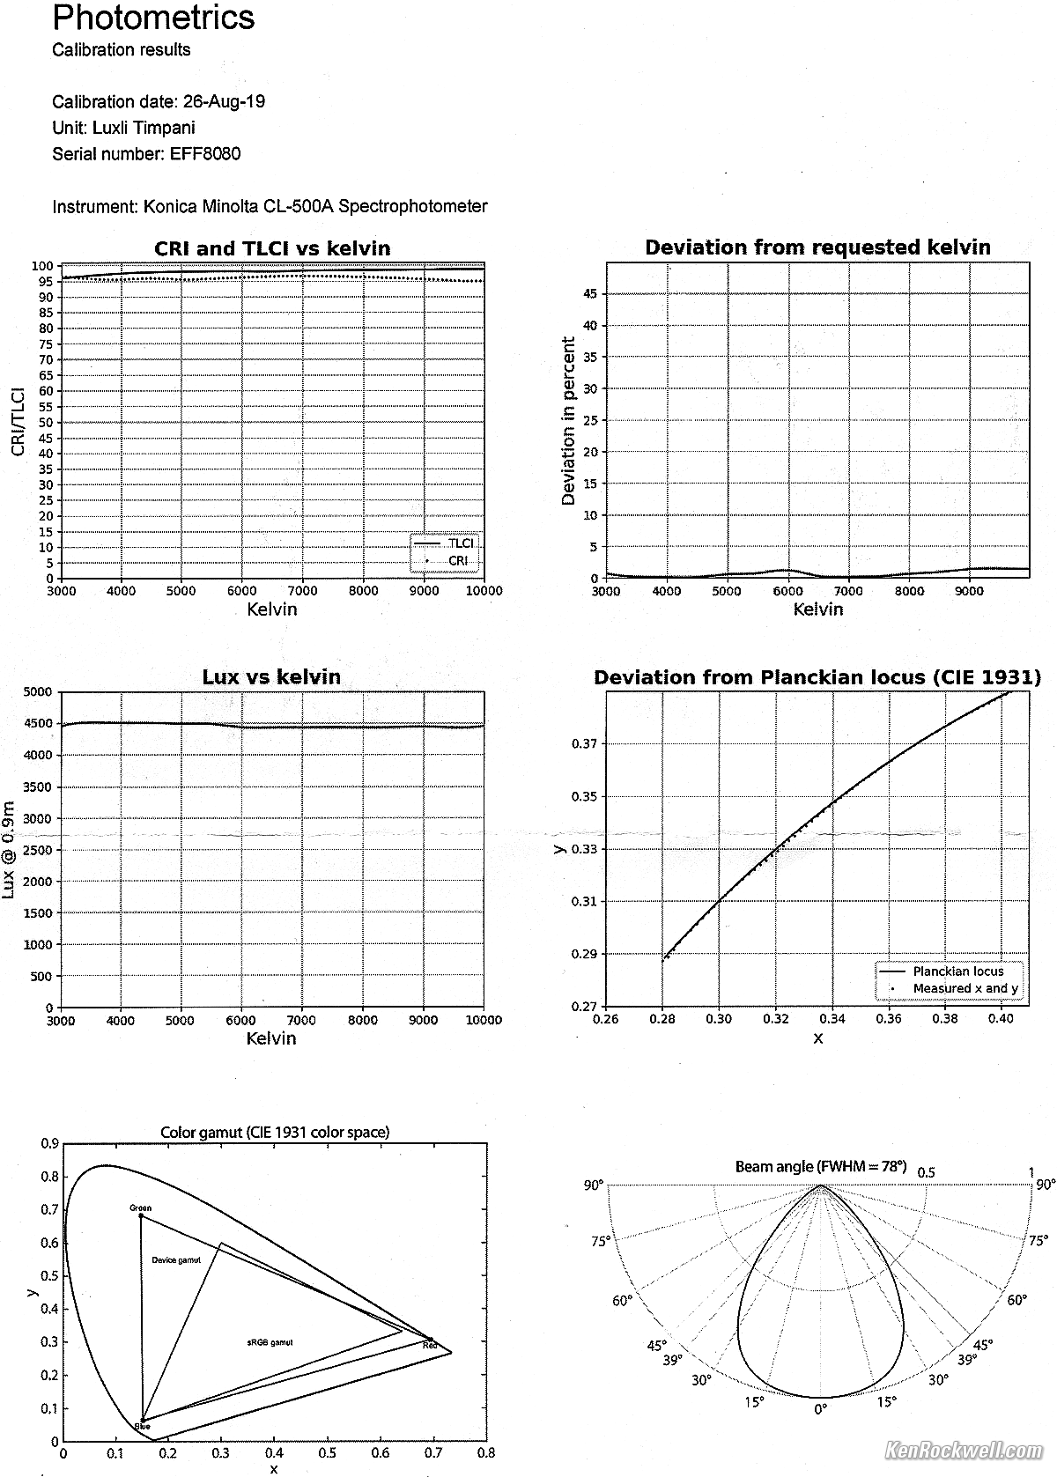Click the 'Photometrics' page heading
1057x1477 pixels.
pos(153,18)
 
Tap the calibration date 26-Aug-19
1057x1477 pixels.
pos(224,101)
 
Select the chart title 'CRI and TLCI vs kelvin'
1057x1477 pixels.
pos(272,248)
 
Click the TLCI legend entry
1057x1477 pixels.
pos(460,543)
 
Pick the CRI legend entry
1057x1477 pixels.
pos(458,561)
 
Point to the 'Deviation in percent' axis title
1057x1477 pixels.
pos(568,422)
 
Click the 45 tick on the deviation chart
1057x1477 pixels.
pos(590,294)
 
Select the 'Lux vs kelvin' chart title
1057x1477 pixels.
pos(271,676)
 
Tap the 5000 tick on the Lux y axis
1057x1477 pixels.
pos(38,692)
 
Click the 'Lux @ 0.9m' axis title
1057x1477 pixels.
pos(10,849)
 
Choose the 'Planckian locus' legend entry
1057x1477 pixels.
pos(957,971)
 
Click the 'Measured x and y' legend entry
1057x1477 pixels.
pos(965,988)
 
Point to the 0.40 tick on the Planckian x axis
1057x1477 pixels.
pos(1001,1020)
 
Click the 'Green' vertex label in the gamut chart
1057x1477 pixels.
pos(140,1207)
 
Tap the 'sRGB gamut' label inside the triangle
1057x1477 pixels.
pos(270,1343)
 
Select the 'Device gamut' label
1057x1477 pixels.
pos(176,1260)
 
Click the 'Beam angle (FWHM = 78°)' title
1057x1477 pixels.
pos(820,1167)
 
